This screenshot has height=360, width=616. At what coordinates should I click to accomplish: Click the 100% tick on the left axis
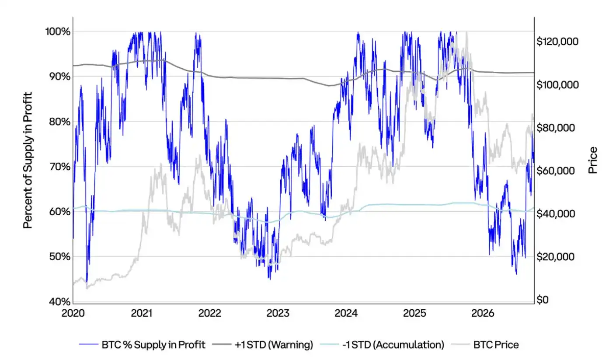(x=58, y=31)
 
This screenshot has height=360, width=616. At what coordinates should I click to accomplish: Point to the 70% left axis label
(x=59, y=167)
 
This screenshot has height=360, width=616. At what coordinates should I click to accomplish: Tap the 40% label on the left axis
(x=59, y=302)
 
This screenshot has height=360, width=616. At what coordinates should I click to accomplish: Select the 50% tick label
(x=59, y=257)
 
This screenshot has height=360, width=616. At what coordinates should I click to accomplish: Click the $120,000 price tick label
(x=557, y=42)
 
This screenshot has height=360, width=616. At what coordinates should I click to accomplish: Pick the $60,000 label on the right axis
(x=556, y=171)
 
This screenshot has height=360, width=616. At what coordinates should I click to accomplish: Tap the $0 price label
(x=542, y=300)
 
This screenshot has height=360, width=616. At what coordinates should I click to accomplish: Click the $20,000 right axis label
(x=556, y=257)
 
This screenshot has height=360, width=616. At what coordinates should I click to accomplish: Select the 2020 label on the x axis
(x=73, y=313)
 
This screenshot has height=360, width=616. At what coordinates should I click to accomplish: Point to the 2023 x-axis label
(x=278, y=313)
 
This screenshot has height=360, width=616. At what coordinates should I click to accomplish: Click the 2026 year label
(x=483, y=313)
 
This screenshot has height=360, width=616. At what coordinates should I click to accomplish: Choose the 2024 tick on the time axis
(x=346, y=313)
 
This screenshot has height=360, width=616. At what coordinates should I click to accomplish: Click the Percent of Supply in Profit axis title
(x=28, y=160)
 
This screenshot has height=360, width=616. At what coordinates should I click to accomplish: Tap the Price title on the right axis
(x=593, y=160)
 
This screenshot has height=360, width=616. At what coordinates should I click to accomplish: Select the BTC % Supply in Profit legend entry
(x=142, y=345)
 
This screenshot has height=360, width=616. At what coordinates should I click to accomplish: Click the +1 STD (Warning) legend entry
(x=263, y=345)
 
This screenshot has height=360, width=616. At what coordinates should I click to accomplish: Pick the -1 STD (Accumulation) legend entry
(x=382, y=345)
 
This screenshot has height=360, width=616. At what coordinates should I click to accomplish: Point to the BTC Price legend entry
(x=485, y=345)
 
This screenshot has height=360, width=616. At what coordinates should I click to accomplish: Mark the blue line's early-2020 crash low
(x=87, y=283)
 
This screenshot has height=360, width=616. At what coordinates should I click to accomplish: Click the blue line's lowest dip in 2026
(x=516, y=274)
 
